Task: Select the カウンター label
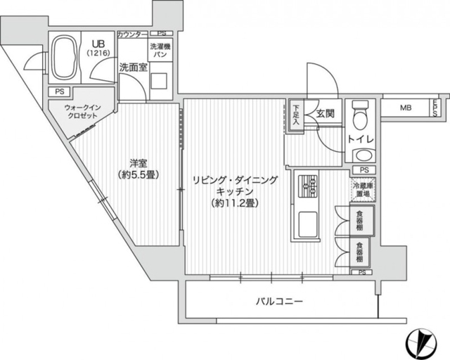132,34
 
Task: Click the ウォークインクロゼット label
83,112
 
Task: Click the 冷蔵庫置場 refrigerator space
362,189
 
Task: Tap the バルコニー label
280,302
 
